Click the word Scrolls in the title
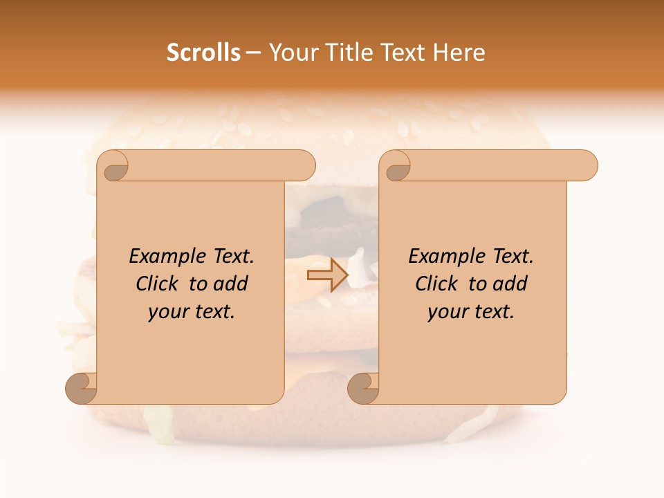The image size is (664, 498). [203, 53]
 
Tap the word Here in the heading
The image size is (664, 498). [459, 53]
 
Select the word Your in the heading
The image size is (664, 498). [291, 53]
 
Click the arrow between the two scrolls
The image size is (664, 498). [327, 275]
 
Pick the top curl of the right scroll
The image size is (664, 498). [397, 166]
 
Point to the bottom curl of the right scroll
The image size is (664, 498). [365, 389]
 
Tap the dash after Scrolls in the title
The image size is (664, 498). [253, 53]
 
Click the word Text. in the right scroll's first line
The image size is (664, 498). [513, 257]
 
